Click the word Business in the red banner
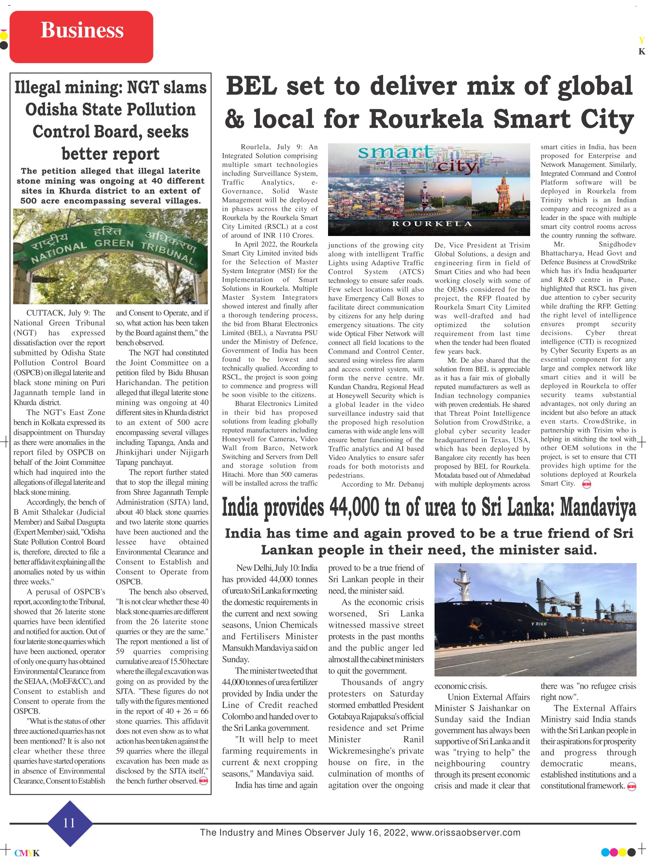pyautogui.click(x=82, y=30)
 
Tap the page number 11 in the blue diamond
pyautogui.click(x=69, y=823)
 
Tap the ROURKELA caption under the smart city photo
pyautogui.click(x=432, y=224)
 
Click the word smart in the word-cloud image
pyautogui.click(x=395, y=153)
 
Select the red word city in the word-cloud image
pyautogui.click(x=457, y=166)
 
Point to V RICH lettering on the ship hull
pyautogui.click(x=539, y=624)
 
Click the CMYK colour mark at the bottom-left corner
pyautogui.click(x=27, y=853)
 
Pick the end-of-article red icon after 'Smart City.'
pyautogui.click(x=587, y=484)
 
